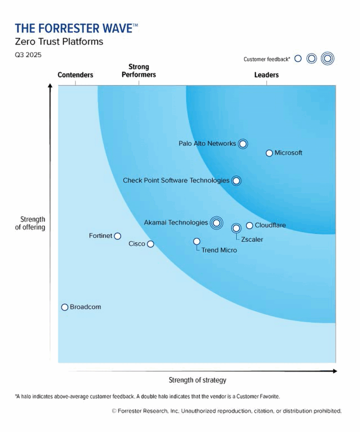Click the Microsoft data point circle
269,153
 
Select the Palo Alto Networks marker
242,144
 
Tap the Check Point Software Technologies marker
236,181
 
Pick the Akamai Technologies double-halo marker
217,223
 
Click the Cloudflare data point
249,226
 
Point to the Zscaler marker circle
236,228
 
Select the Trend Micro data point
197,241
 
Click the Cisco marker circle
151,244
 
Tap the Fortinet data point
118,236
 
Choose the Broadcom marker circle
65,308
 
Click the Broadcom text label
85,307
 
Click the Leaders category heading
266,75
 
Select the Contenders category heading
75,75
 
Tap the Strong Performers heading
139,71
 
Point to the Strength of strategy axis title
198,380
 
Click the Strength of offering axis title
32,223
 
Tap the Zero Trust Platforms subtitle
59,42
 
